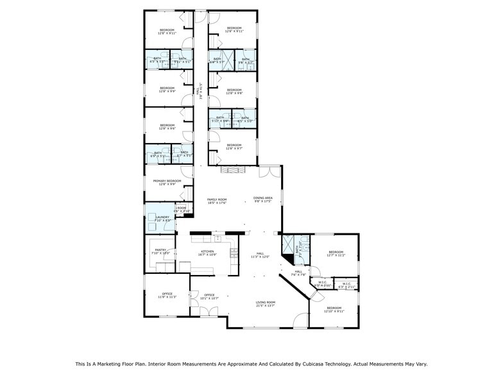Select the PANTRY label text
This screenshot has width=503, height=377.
coord(160,251)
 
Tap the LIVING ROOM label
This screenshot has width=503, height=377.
coord(266,304)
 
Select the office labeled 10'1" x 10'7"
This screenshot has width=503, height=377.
coord(209,296)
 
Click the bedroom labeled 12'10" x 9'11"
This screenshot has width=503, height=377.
coord(334,309)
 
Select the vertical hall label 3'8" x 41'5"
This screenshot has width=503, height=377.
coord(200,93)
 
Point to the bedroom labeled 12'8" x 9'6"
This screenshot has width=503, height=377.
coord(167,126)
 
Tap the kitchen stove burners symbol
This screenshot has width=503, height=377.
coord(234,252)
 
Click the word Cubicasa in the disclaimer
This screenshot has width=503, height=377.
coord(300,364)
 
